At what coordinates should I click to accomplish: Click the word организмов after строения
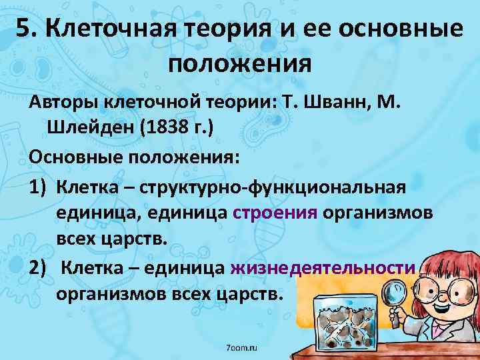(377, 213)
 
